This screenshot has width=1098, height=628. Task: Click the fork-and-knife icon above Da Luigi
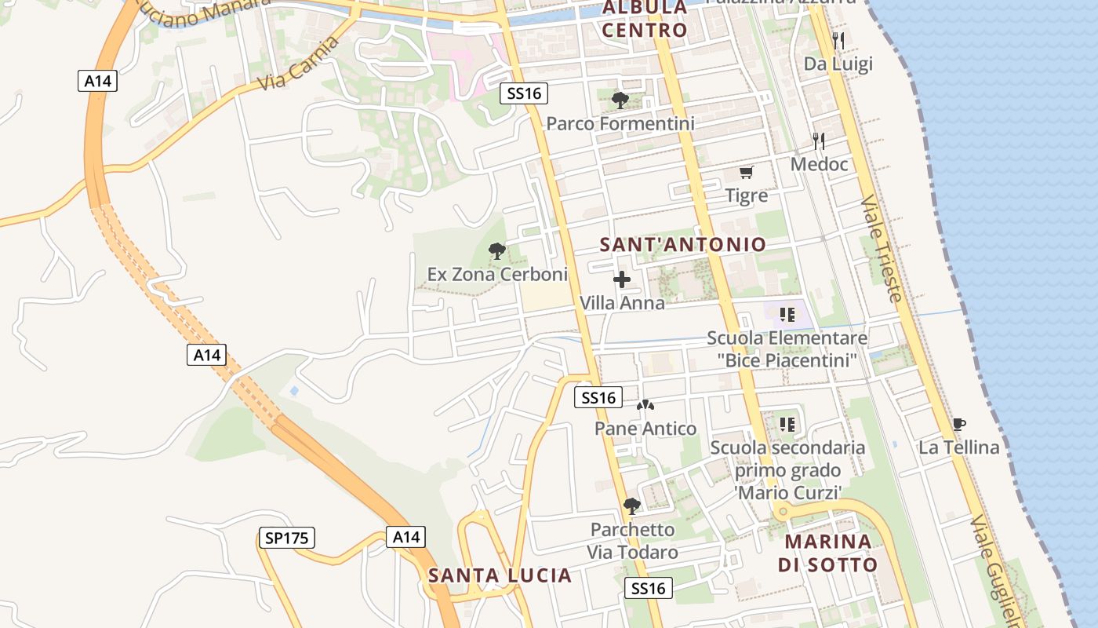tap(838, 40)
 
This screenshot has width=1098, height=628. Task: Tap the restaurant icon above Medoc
tap(819, 141)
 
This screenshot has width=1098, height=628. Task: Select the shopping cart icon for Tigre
tap(746, 172)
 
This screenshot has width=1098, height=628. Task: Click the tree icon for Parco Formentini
tap(620, 100)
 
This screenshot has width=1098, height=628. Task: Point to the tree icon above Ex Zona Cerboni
tap(496, 251)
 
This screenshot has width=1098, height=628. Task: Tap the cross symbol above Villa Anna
tap(622, 279)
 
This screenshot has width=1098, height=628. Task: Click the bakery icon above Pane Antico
tap(645, 405)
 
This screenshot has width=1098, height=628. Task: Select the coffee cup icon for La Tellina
tap(958, 425)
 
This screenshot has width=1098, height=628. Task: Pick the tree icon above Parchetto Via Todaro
tap(632, 506)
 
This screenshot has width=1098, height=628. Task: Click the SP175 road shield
tap(286, 538)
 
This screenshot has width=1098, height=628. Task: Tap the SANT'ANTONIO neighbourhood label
tap(682, 244)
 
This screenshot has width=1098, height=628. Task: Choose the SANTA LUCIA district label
tap(500, 575)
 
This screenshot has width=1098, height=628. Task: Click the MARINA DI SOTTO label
tap(827, 553)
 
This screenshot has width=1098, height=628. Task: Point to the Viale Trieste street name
tap(882, 249)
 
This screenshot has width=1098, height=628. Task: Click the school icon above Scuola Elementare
tap(787, 315)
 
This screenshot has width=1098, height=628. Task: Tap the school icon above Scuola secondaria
tap(787, 425)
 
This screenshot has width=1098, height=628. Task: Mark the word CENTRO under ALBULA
tap(645, 31)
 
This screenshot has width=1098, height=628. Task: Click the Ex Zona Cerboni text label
tap(497, 275)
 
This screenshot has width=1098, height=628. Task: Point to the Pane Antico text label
tap(645, 429)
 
